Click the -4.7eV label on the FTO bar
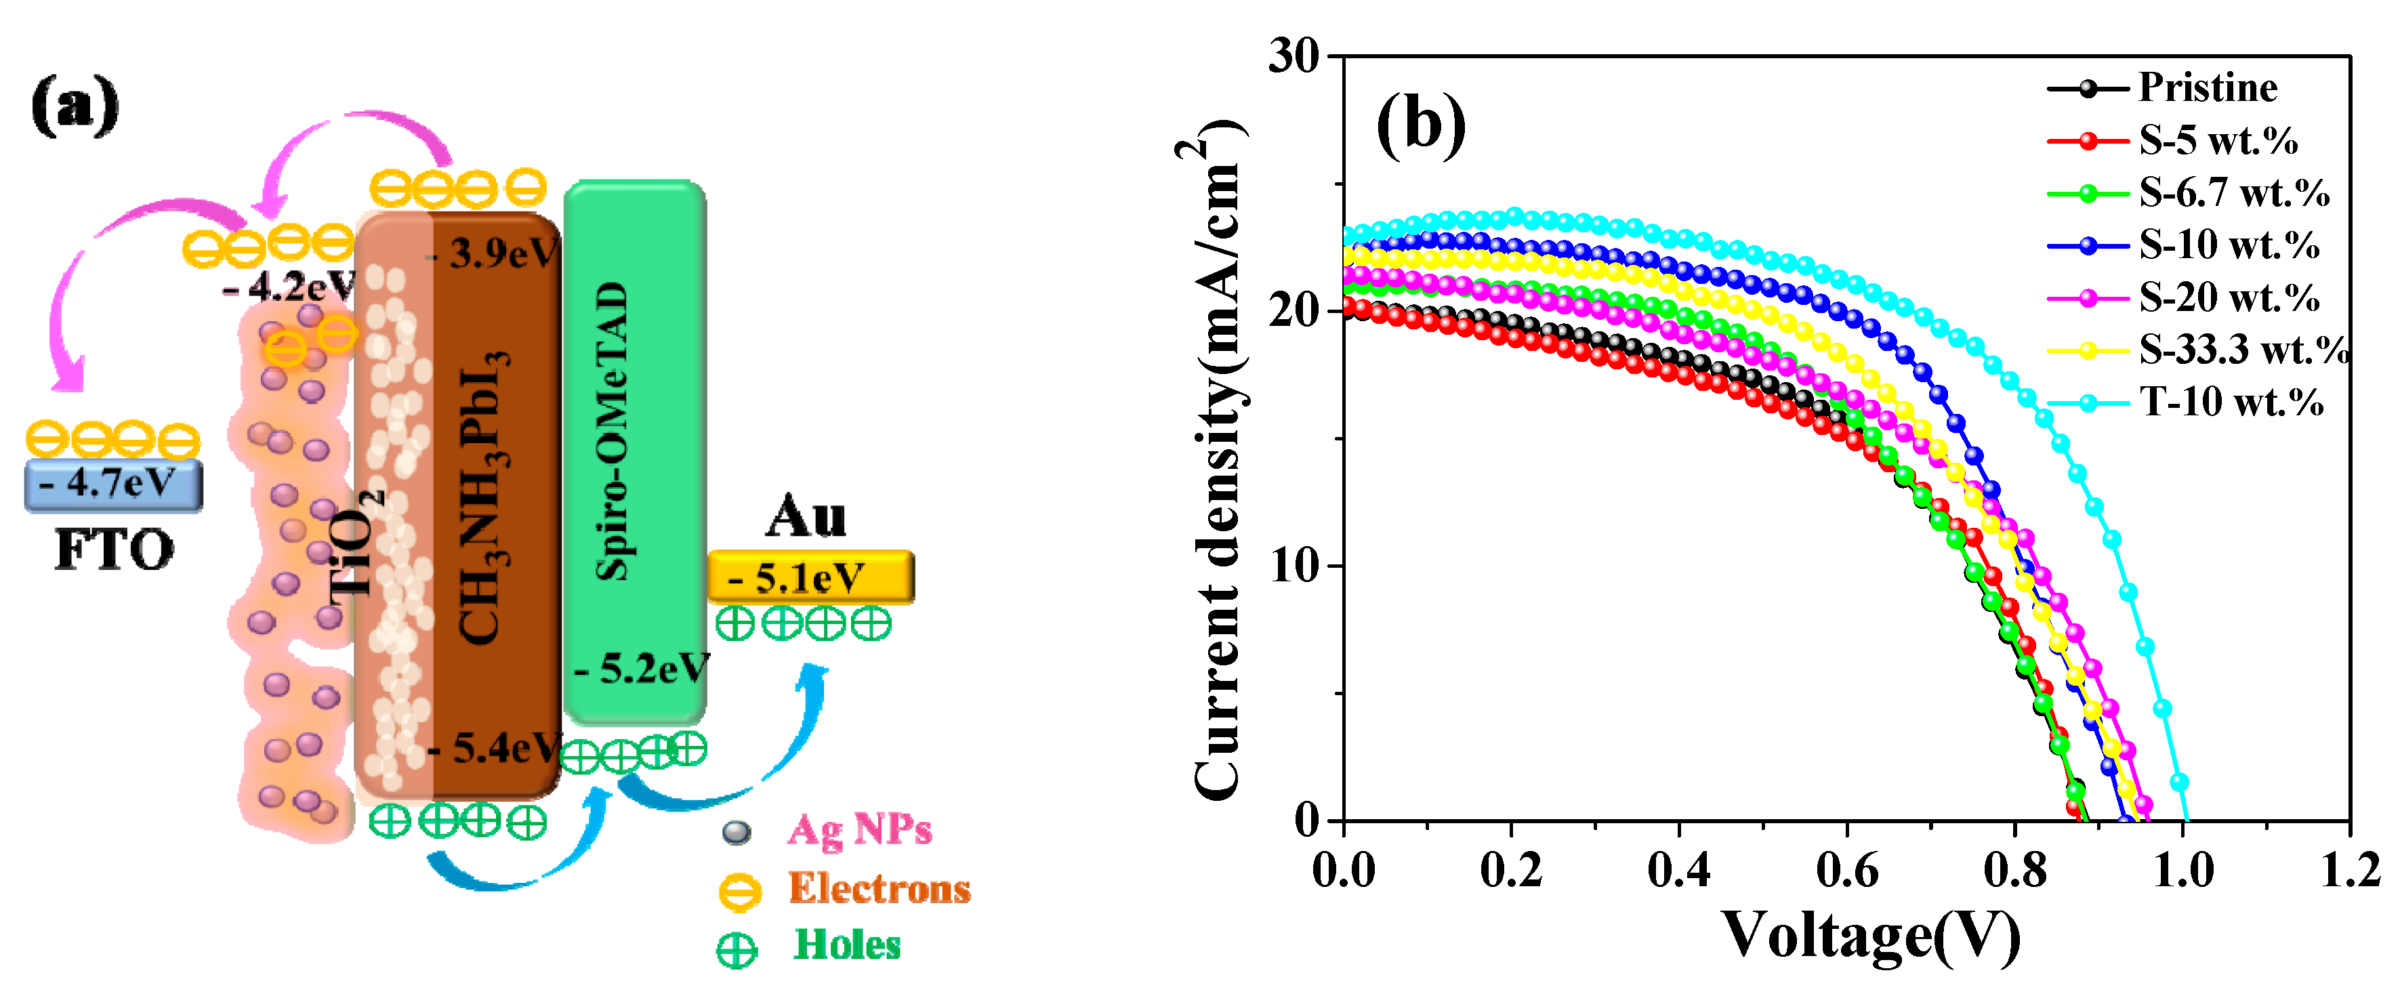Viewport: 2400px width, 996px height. (x=114, y=484)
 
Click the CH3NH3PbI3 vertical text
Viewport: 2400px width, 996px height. (x=484, y=499)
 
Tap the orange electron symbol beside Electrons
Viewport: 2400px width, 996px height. (x=740, y=891)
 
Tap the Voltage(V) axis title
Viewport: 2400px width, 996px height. (x=1871, y=936)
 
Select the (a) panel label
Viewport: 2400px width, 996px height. (x=75, y=105)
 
